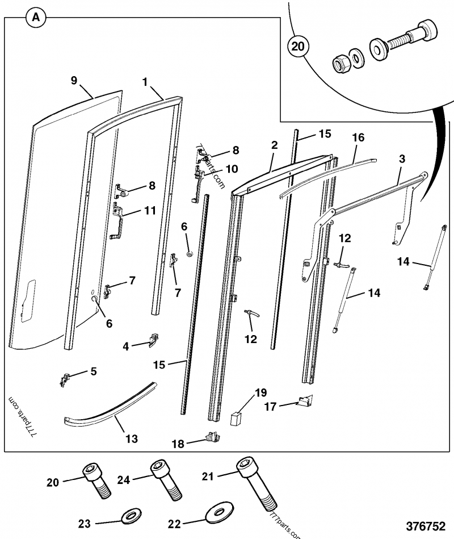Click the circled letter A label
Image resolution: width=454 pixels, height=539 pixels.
[x=36, y=18]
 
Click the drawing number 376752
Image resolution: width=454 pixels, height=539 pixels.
[x=424, y=526]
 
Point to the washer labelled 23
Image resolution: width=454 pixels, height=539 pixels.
[x=132, y=517]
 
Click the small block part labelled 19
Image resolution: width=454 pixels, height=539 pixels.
[x=236, y=419]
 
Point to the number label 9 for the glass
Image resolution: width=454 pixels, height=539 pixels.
[x=73, y=80]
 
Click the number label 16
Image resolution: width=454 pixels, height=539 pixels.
[x=358, y=137]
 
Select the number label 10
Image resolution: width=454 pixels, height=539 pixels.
[x=232, y=169]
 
